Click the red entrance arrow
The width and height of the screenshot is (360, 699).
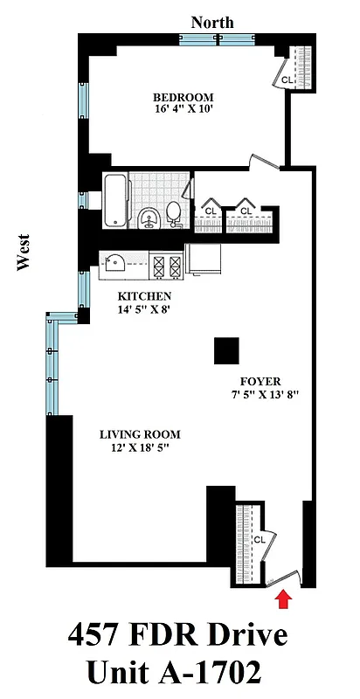click(x=282, y=598)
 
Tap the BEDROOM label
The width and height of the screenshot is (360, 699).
click(x=183, y=97)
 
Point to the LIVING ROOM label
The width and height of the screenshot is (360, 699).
click(x=140, y=434)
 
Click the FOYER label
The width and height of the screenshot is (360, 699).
click(x=260, y=382)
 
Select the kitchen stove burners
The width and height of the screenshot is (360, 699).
click(x=166, y=262)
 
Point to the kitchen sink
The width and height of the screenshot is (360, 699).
click(x=114, y=260)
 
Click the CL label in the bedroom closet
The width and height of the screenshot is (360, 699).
click(x=287, y=80)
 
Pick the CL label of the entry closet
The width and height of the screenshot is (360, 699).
click(x=259, y=540)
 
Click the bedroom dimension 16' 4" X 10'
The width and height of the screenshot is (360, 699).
click(x=183, y=110)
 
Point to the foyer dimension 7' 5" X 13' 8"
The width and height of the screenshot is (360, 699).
click(x=260, y=395)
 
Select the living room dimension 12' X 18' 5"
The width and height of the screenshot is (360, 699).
click(x=140, y=448)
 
